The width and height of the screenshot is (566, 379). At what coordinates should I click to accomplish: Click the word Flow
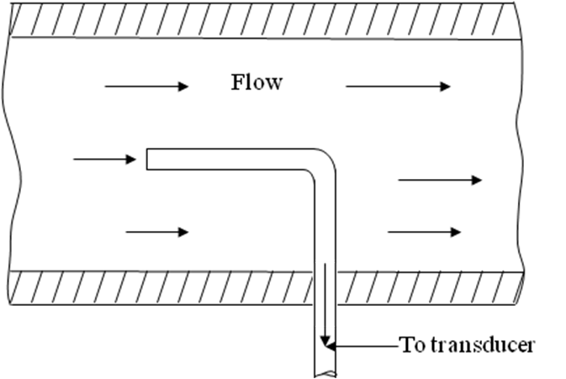(257, 83)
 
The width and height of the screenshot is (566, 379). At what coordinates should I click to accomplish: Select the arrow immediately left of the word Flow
(146, 86)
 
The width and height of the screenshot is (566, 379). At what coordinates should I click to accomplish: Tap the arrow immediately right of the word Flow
(397, 86)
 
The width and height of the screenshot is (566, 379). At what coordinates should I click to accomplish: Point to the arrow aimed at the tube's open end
(104, 158)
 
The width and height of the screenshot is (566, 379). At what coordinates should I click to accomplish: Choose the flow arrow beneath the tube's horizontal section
(156, 231)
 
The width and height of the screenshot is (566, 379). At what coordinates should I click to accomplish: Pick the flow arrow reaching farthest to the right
(439, 180)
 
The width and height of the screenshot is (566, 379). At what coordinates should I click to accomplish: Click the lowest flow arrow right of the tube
(424, 231)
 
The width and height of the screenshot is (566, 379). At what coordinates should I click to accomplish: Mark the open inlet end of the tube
(148, 159)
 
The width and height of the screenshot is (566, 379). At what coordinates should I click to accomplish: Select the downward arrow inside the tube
(324, 303)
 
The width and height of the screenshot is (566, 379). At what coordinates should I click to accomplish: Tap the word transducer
(488, 345)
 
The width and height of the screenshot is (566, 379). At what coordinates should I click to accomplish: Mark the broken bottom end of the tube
(325, 373)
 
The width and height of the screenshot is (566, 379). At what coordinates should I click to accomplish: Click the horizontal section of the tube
(227, 159)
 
